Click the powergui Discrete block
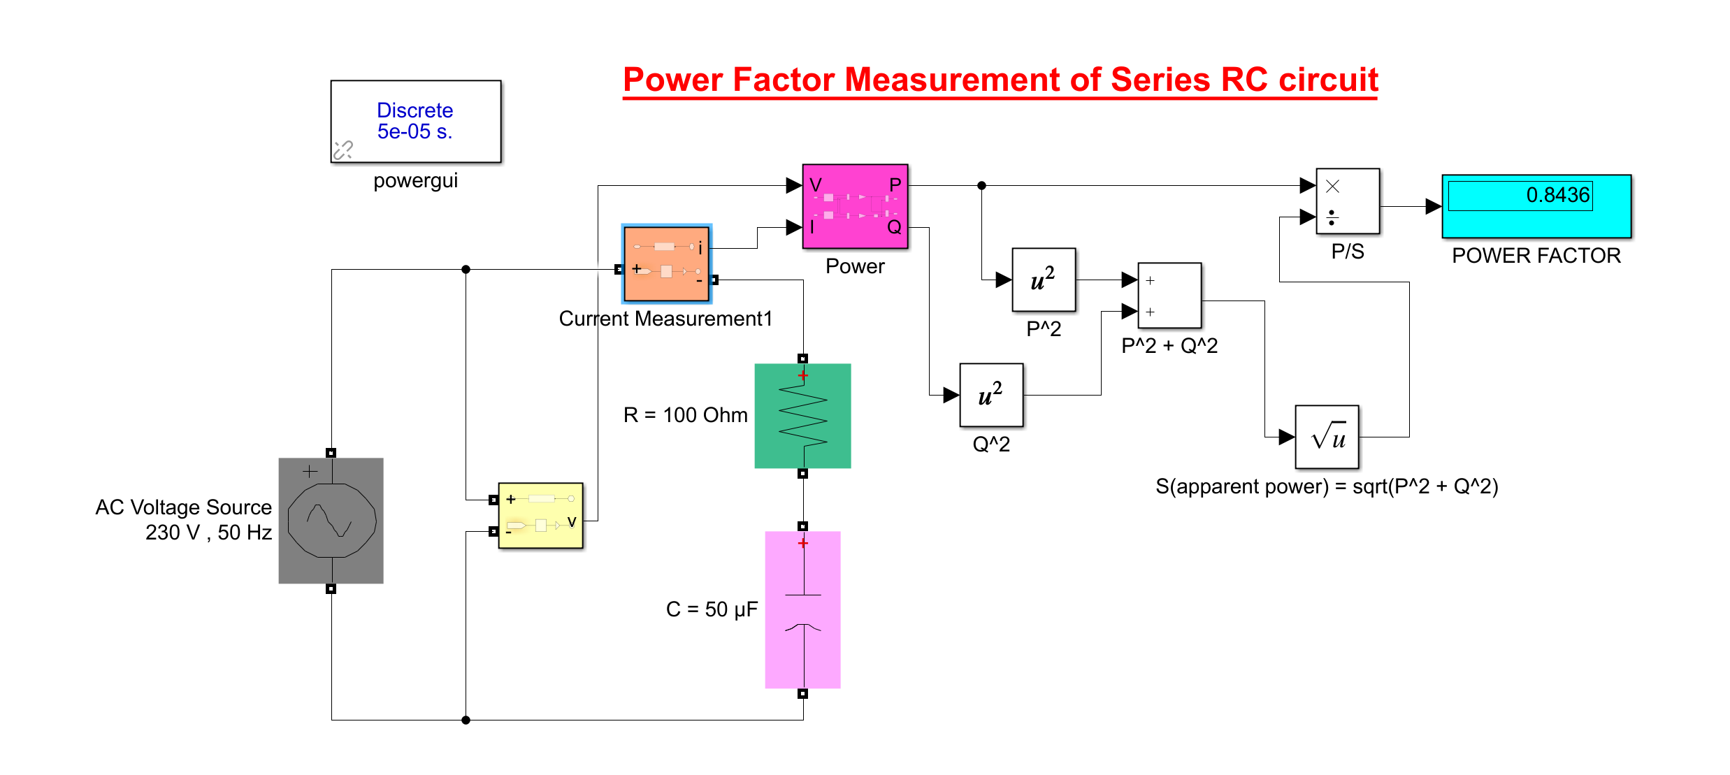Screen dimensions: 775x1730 point(415,121)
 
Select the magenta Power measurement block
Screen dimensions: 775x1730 point(854,206)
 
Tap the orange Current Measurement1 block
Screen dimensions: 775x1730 point(666,264)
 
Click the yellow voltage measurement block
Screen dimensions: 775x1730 point(540,515)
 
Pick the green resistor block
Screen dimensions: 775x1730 point(802,415)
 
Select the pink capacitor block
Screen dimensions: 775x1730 point(802,609)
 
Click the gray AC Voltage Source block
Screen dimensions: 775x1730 point(331,521)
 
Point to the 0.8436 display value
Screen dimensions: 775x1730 point(1557,195)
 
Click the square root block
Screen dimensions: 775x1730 point(1326,437)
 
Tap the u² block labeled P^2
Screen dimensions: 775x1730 point(1043,280)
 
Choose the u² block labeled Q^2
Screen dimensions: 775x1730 point(990,395)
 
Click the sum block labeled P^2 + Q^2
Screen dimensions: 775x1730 point(1169,295)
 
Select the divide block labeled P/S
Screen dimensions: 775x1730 point(1347,201)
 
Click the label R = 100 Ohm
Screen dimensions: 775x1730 point(685,415)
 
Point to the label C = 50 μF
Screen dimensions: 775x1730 point(711,609)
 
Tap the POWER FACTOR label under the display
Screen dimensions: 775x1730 point(1536,256)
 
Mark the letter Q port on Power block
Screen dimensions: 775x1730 point(894,227)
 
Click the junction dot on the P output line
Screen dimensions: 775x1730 point(981,185)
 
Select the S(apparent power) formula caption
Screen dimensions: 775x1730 point(1326,486)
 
